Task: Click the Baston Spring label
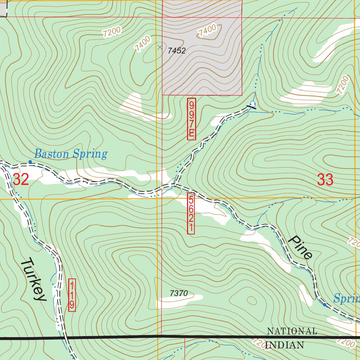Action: click(70, 154)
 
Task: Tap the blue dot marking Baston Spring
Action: click(30, 162)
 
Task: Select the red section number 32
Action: click(21, 179)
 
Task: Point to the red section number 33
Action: click(325, 180)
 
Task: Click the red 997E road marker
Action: click(191, 119)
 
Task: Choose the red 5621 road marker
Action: click(191, 213)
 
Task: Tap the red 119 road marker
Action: click(71, 295)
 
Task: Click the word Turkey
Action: click(33, 279)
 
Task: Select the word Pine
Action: click(300, 247)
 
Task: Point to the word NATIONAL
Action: click(292, 331)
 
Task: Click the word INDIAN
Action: click(285, 345)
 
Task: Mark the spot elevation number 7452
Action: click(176, 51)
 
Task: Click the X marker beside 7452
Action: click(160, 47)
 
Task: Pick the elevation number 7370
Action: click(179, 293)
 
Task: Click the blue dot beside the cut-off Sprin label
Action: click(324, 305)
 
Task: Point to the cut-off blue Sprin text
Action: click(346, 299)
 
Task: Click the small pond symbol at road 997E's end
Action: click(252, 104)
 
